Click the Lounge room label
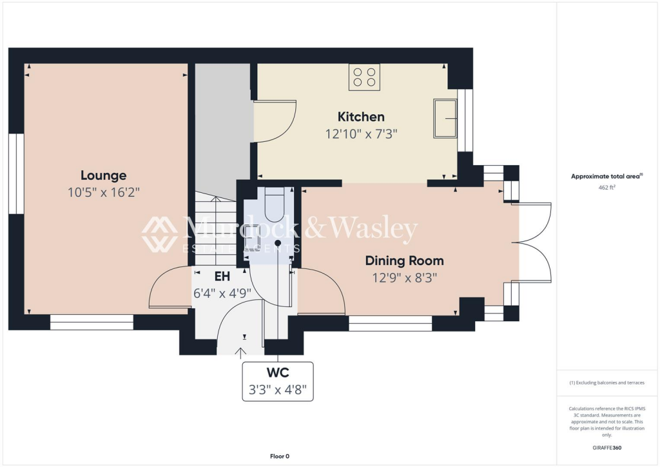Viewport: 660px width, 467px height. point(103,175)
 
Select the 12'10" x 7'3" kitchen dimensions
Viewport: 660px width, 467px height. point(361,134)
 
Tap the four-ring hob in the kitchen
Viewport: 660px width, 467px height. point(364,77)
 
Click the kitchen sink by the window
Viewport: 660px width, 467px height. point(444,118)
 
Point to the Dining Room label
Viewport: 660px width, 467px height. point(404,261)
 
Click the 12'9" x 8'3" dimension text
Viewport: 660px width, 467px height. point(404,278)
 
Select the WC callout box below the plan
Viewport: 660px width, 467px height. point(277,381)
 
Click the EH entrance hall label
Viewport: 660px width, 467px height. point(222,277)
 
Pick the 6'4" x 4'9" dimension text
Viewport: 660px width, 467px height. point(222,293)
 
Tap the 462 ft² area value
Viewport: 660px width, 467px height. point(607,188)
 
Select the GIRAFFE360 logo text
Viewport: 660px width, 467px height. point(608,448)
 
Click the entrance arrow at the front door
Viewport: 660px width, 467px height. point(242,352)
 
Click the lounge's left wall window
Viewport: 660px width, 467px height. point(16,174)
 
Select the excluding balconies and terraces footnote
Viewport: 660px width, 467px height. point(607,383)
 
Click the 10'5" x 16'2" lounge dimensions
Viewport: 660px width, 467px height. point(103,192)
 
